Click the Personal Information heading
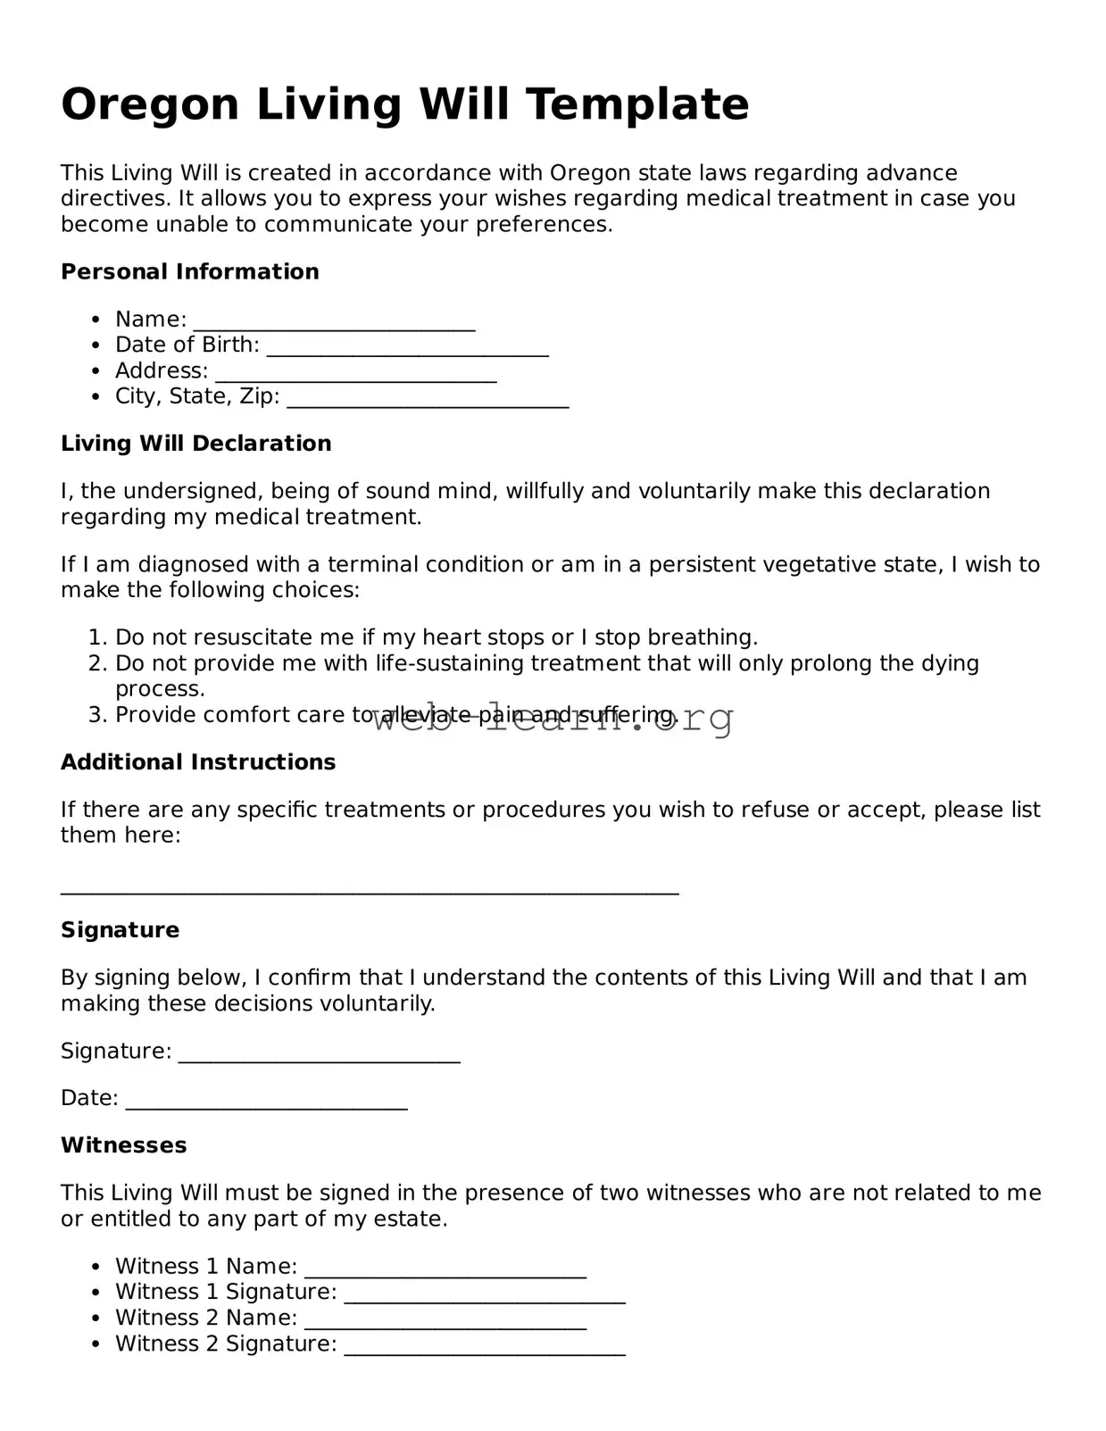[x=189, y=271]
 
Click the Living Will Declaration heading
[x=195, y=444]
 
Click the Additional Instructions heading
[x=198, y=762]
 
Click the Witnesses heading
[x=124, y=1145]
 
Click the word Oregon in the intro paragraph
[x=585, y=173]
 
